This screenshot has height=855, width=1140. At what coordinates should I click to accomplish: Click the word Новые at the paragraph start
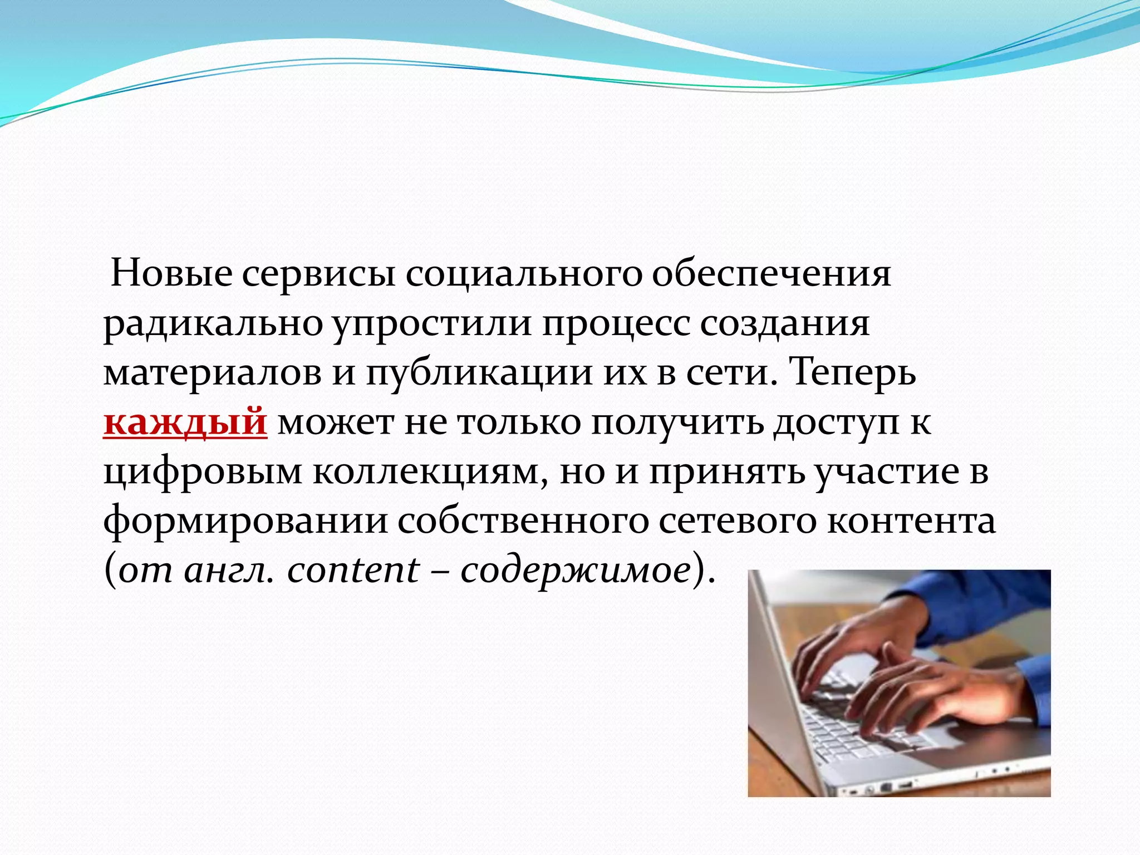(x=171, y=274)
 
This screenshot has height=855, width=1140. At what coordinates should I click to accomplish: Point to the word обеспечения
(x=772, y=274)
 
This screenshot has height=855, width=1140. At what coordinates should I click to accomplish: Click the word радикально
(x=213, y=325)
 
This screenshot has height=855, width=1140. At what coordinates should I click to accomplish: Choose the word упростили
(x=433, y=325)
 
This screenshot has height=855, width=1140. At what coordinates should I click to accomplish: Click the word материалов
(x=213, y=373)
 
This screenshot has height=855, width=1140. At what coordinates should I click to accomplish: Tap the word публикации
(x=479, y=373)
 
